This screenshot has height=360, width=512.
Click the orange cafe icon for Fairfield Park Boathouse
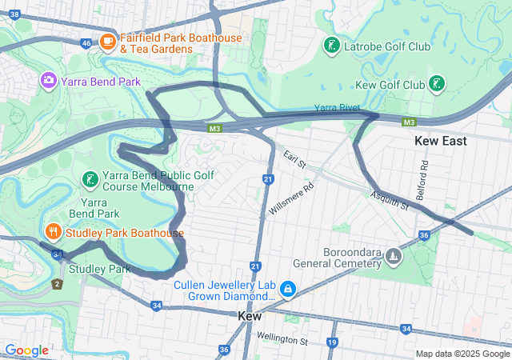pos(108,41)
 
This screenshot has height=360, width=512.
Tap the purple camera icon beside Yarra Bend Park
pos(49,81)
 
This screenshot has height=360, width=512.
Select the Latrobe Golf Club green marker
pos(330,46)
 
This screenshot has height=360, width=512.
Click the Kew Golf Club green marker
pos(436,84)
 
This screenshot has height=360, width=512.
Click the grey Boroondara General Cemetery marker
pos(393,256)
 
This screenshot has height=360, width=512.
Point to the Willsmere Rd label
pos(292,196)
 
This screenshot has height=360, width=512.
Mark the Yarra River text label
pos(336,107)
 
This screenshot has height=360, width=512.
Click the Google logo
pos(26,350)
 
